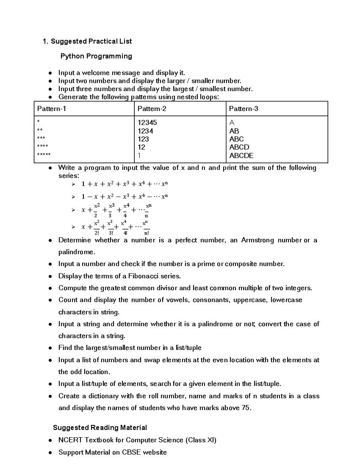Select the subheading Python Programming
click(x=96, y=56)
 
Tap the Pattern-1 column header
click(x=52, y=109)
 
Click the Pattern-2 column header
click(x=152, y=109)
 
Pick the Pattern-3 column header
click(x=244, y=109)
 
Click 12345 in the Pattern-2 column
click(x=147, y=123)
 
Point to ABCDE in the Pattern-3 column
click(x=241, y=155)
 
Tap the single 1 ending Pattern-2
click(x=139, y=155)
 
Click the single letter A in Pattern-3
click(x=232, y=123)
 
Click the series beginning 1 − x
click(x=125, y=196)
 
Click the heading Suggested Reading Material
click(x=100, y=427)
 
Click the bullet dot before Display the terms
click(x=50, y=276)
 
